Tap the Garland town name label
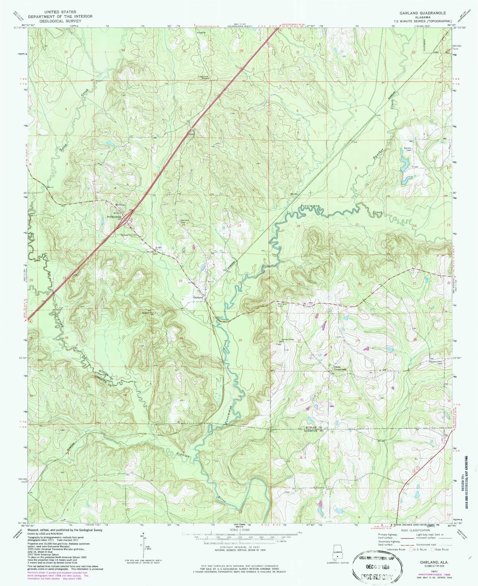(198, 297)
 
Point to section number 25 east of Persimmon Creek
(240, 340)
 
